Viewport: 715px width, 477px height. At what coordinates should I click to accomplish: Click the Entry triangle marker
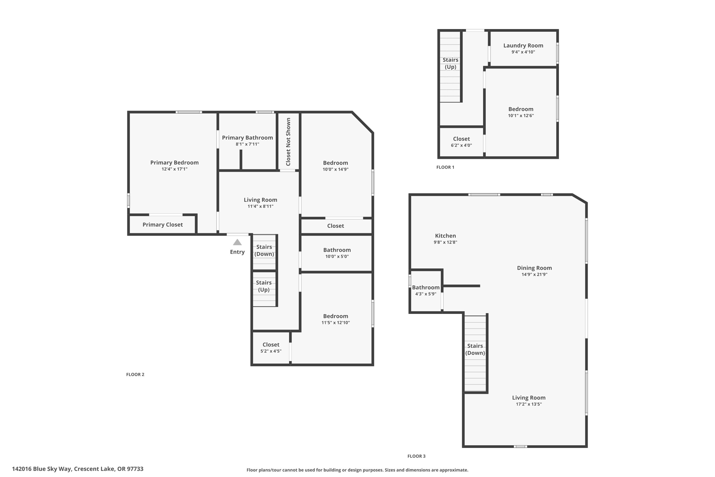pos(237,242)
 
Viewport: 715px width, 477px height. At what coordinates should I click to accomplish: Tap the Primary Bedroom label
pos(174,162)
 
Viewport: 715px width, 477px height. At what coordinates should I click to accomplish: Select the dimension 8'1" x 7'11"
pos(247,144)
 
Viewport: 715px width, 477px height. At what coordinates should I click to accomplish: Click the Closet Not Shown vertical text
pos(288,142)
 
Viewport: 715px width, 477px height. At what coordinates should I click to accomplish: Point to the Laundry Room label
pos(523,45)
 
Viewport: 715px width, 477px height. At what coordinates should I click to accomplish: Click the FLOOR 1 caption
pos(445,167)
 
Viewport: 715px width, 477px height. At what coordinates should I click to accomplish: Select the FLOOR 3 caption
pos(416,456)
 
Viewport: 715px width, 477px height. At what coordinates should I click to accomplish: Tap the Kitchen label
pos(445,236)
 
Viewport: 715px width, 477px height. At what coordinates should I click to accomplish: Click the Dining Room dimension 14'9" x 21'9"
pos(534,275)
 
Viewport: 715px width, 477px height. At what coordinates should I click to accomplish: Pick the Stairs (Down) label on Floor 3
pos(475,349)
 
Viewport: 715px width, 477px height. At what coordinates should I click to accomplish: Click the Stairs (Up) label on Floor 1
pos(450,63)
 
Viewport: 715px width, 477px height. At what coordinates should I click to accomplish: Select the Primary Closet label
pos(162,225)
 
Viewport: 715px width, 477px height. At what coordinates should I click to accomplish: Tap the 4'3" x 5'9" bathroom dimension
pos(426,294)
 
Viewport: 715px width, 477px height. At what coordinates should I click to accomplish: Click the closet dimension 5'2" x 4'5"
pos(271,351)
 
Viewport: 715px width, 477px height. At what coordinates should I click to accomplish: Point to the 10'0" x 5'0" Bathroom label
pos(337,250)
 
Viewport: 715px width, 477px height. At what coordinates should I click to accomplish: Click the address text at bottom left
pos(78,469)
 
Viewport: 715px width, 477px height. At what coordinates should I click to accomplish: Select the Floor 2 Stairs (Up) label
pos(264,286)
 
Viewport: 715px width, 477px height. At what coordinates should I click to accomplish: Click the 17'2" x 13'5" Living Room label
pos(529,398)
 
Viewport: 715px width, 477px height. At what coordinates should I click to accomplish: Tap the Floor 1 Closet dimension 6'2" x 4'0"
pos(461,145)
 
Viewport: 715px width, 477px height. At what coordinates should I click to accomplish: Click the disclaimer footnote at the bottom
pos(357,470)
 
